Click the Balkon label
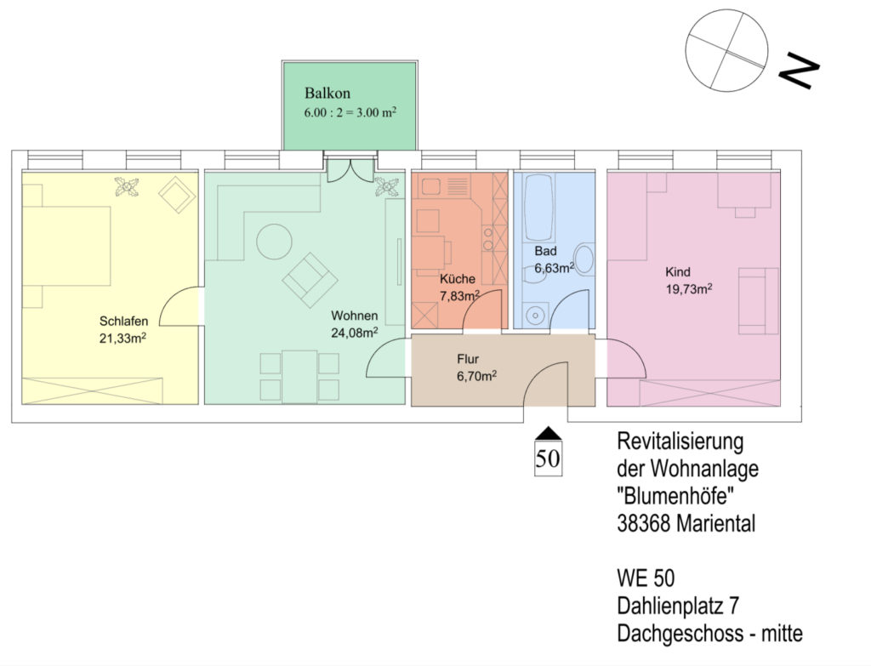click(x=327, y=94)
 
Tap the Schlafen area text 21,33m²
click(x=122, y=339)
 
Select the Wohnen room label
click(x=355, y=316)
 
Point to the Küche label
click(x=457, y=279)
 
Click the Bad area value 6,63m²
click(x=554, y=268)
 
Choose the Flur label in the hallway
click(x=468, y=359)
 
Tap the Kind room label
click(x=678, y=272)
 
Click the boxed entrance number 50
click(x=548, y=458)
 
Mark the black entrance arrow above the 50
click(x=548, y=433)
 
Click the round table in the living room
click(x=275, y=241)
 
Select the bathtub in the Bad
click(x=538, y=208)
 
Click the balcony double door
click(x=350, y=170)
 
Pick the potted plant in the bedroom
click(x=128, y=186)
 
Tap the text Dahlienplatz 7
click(x=678, y=606)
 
